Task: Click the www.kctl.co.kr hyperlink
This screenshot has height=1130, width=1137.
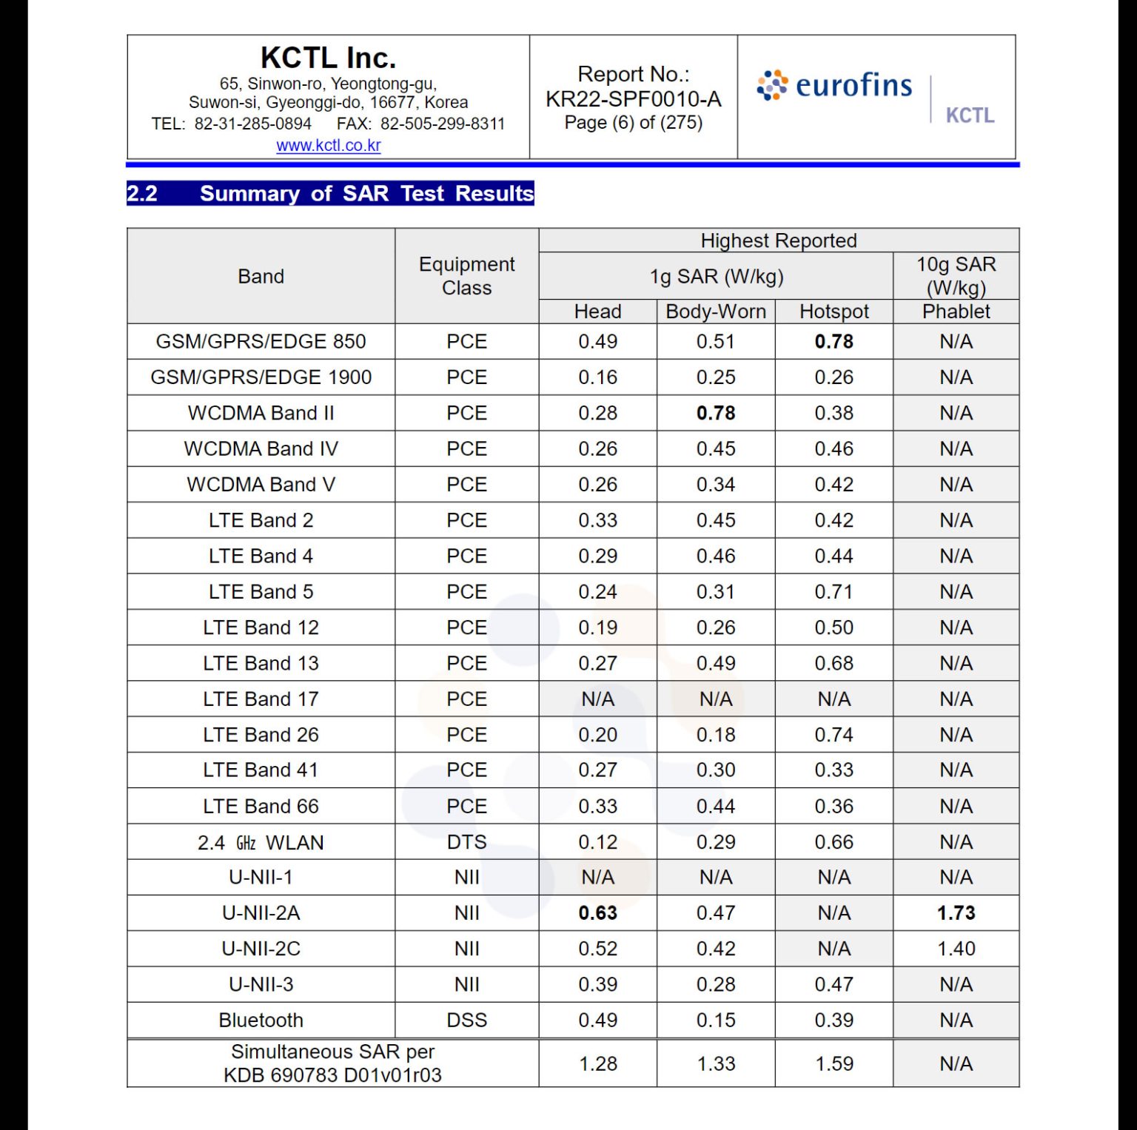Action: pos(328,146)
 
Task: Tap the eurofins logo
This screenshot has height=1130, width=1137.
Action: pos(834,86)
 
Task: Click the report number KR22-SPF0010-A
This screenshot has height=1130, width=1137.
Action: pos(633,99)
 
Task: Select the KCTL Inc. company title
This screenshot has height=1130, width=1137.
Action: pos(328,58)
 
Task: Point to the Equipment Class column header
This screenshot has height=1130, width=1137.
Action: pos(466,276)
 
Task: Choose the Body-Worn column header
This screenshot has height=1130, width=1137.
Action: pos(716,312)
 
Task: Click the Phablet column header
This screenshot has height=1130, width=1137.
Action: pos(956,312)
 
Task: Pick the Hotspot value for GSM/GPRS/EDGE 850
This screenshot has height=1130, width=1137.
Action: pos(834,342)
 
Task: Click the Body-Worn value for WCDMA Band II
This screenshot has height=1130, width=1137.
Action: pos(716,413)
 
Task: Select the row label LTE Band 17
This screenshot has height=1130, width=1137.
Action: pos(261,699)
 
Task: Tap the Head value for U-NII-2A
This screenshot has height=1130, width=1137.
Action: pos(597,913)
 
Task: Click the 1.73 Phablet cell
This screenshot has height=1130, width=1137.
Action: pos(956,913)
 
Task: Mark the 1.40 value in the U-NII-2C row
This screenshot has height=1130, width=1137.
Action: pos(956,949)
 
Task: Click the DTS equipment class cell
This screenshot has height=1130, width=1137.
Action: pos(466,842)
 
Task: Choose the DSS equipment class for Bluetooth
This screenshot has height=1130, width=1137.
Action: pos(466,1020)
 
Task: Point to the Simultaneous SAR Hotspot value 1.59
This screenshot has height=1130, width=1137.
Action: pos(834,1064)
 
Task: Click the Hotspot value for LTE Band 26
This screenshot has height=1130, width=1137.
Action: pos(834,735)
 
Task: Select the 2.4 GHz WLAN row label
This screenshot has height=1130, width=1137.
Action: pos(261,843)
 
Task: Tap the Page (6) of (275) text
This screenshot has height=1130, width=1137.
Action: pos(633,123)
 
